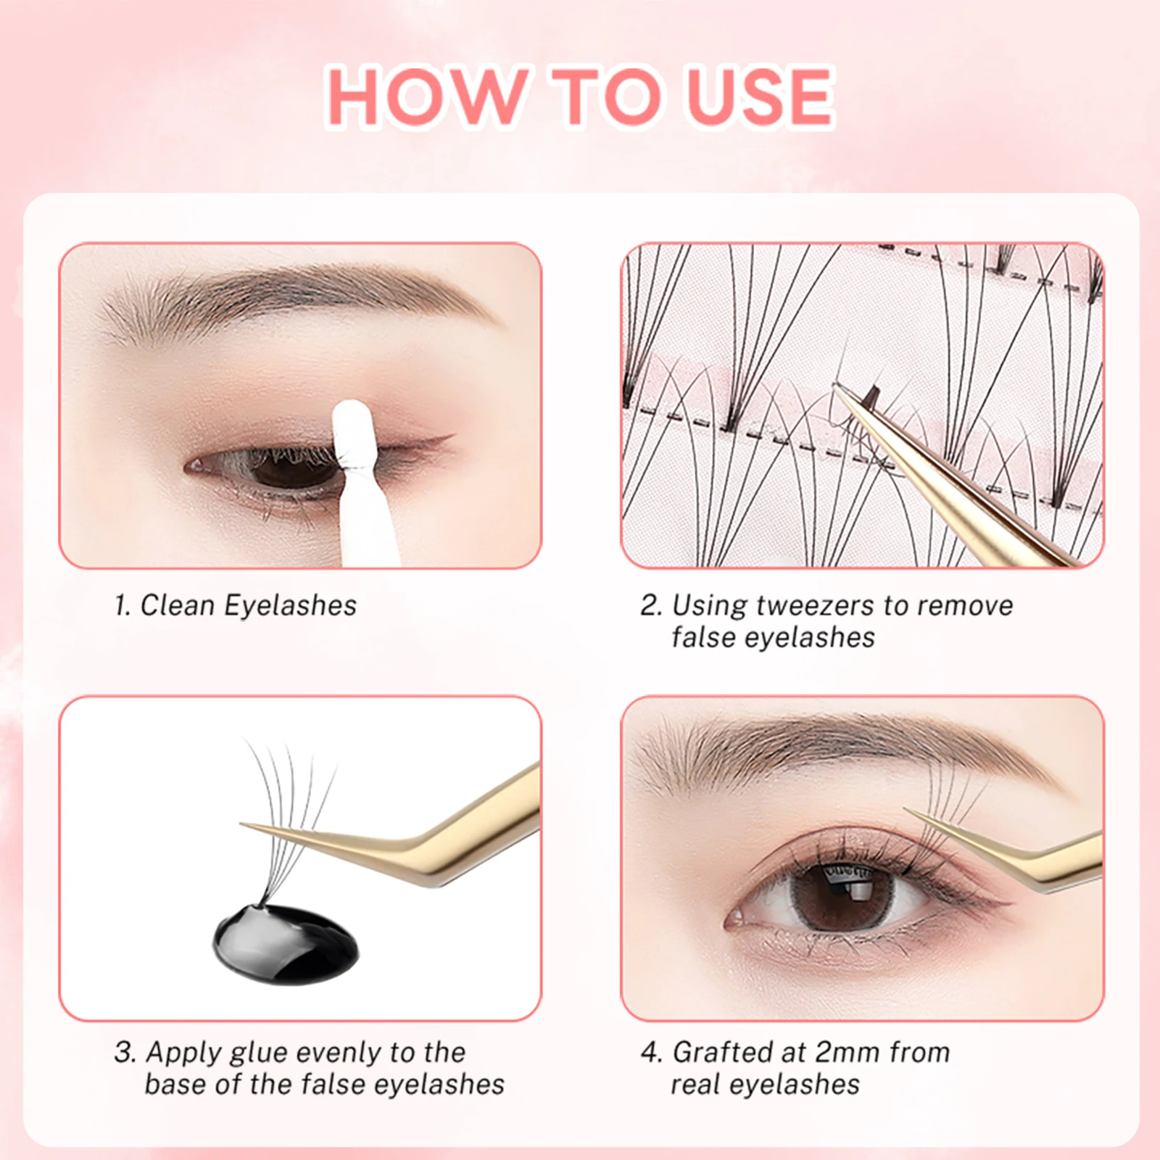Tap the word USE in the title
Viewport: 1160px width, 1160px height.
tap(760, 97)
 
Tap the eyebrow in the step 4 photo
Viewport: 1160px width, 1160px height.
tap(834, 754)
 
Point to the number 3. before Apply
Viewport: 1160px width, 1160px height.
tap(125, 1052)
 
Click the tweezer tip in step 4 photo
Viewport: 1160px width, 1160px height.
tap(911, 813)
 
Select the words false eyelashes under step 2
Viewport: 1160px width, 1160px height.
tap(773, 638)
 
